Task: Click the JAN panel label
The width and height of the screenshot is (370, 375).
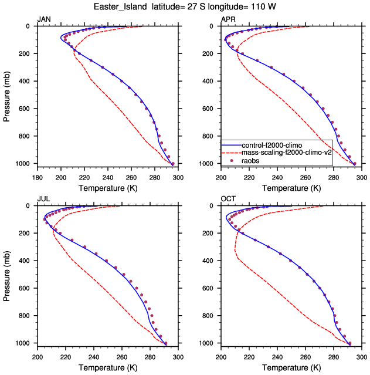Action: point(43,20)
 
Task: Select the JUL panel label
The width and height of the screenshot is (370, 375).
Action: point(43,200)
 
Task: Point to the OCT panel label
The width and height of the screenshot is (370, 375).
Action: point(228,200)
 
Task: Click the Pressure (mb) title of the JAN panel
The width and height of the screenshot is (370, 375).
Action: point(7,94)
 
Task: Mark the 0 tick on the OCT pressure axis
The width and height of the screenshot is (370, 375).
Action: point(215,206)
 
